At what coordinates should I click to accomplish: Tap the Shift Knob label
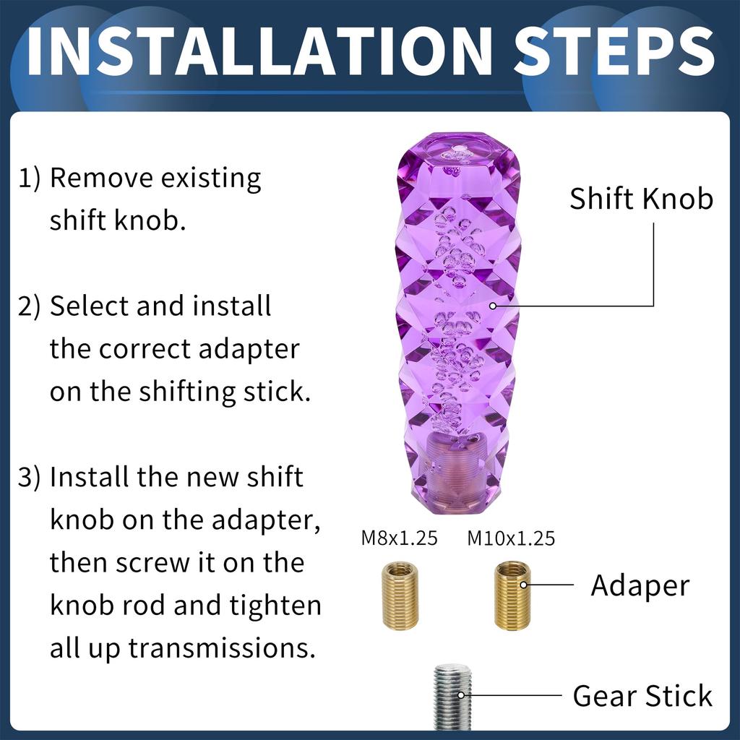pyautogui.click(x=641, y=199)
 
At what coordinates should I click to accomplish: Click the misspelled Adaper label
pyautogui.click(x=640, y=585)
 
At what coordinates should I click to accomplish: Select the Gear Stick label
pyautogui.click(x=642, y=696)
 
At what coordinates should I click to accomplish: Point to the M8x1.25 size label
pyautogui.click(x=399, y=538)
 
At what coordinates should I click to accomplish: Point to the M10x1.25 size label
pyautogui.click(x=511, y=538)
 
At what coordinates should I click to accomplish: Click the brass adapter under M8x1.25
pyautogui.click(x=399, y=596)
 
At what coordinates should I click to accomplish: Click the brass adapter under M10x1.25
pyautogui.click(x=512, y=596)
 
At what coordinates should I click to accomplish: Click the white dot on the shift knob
pyautogui.click(x=494, y=306)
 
